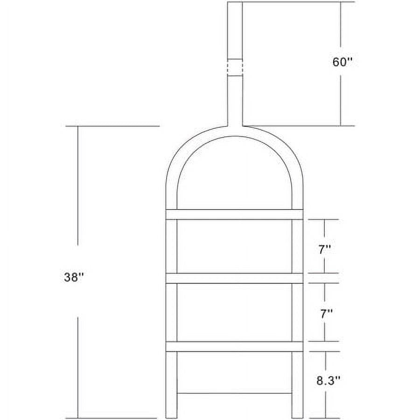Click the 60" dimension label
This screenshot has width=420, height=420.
tap(341, 62)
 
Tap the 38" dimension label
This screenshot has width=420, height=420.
tap(74, 277)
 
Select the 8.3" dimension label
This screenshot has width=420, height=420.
tap(329, 380)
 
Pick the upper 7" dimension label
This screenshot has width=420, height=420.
tap(325, 250)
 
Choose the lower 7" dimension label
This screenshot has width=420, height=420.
tap(326, 314)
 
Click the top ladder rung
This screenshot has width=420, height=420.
tap(234, 215)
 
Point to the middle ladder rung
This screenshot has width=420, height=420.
tap(234, 278)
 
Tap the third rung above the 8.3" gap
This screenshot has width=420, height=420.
tap(234, 346)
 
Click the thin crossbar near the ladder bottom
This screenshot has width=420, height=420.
tap(234, 393)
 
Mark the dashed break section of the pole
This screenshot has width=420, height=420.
tap(235, 67)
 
